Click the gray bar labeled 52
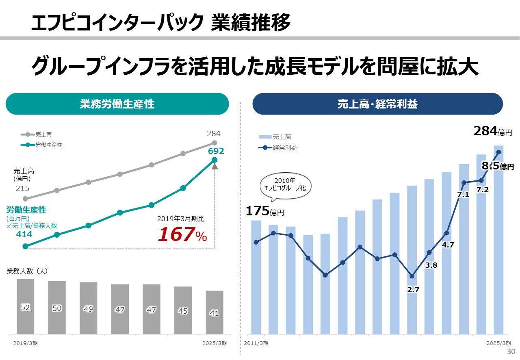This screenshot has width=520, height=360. coord(25,307)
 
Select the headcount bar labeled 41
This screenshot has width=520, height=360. coord(214,312)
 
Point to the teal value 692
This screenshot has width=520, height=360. coord(216,151)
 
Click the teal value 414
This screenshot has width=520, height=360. coord(24,234)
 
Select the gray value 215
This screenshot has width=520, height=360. coord(23,189)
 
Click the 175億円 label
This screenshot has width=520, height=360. coord(265,211)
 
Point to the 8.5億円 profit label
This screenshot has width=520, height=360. coord(498,166)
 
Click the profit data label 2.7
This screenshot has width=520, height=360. coord(413,290)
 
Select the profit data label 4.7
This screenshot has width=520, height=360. coord(448,245)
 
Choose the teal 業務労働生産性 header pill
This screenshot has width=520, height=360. coord(117,104)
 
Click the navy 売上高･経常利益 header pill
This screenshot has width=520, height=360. coord(377,104)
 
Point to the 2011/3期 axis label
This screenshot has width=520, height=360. coord(256,343)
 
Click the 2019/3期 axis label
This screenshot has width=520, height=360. coord(25,343)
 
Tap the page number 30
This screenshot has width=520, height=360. coord(511,351)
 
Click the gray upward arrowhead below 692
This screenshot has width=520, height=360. coord(214,166)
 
